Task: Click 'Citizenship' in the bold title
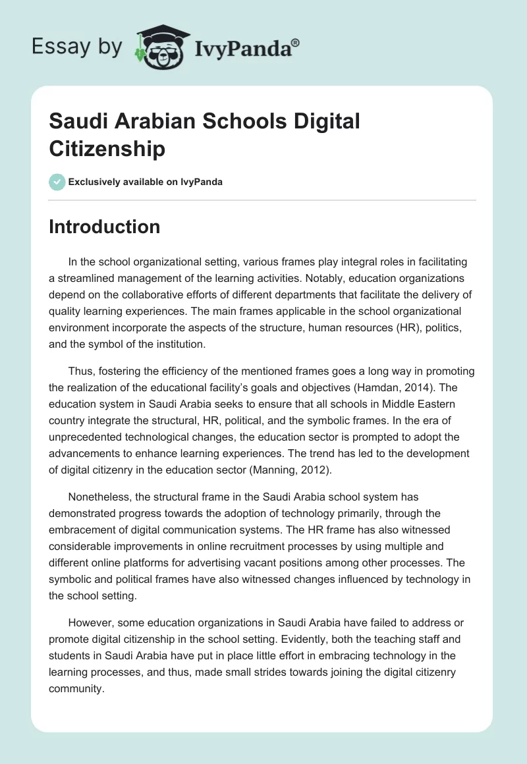pyautogui.click(x=107, y=148)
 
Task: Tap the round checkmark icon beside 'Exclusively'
pyautogui.click(x=57, y=182)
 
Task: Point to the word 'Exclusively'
pyautogui.click(x=96, y=182)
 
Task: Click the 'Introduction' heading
pyautogui.click(x=104, y=227)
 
